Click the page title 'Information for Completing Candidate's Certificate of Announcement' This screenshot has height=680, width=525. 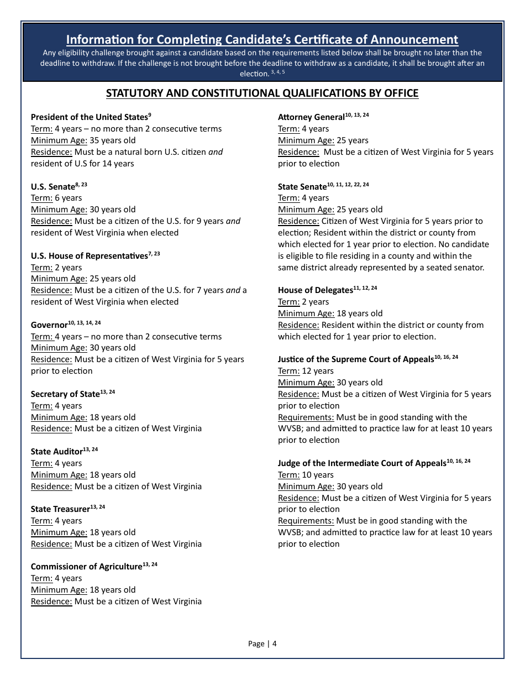click(262, 40)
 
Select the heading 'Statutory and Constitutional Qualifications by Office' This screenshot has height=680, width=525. click(262, 93)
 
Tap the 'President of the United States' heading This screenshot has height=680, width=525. click(89, 117)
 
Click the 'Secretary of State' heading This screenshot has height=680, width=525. click(65, 394)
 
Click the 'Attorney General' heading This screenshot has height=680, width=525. click(311, 117)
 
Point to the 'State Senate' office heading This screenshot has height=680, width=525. click(302, 187)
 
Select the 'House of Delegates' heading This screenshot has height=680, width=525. click(315, 290)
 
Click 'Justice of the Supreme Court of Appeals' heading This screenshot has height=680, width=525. click(356, 359)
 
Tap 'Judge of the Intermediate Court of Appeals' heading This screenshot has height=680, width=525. click(362, 463)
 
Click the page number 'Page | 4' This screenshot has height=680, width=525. click(262, 644)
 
